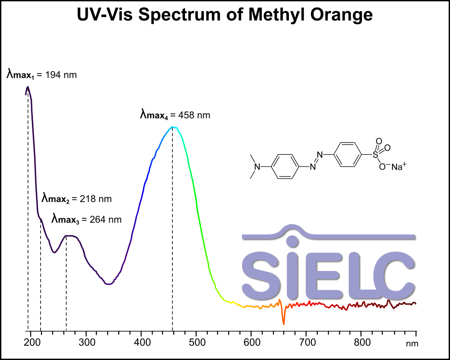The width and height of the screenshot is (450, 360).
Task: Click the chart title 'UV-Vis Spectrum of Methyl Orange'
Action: click(225, 15)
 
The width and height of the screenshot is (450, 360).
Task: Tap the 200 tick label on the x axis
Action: click(31, 342)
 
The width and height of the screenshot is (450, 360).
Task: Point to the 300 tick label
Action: click(86, 342)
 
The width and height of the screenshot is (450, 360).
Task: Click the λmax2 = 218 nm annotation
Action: click(76, 198)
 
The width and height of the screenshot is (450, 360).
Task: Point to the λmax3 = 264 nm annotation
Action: click(86, 220)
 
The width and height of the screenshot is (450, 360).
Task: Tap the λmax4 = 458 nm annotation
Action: click(175, 115)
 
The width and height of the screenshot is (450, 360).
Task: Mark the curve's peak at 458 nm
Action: click(172, 127)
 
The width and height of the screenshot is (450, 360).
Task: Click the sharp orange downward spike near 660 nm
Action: click(283, 324)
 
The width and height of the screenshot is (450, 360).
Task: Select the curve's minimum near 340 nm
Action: click(108, 284)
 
